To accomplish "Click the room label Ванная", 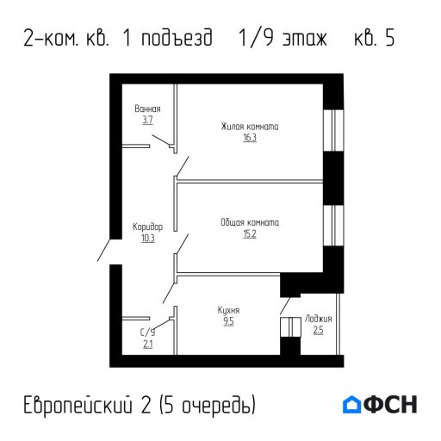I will [147, 109].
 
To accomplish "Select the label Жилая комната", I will [250, 127].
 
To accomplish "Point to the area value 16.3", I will [250, 137].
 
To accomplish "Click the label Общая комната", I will [250, 222].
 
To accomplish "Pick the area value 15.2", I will [250, 233].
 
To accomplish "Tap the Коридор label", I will [147, 227].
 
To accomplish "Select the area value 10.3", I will [147, 239].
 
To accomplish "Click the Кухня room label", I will [228, 310].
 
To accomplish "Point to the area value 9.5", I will [228, 321].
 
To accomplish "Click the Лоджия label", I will [318, 319].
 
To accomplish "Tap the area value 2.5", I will [318, 330].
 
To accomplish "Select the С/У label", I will [147, 333].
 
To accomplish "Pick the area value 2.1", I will [147, 345].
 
